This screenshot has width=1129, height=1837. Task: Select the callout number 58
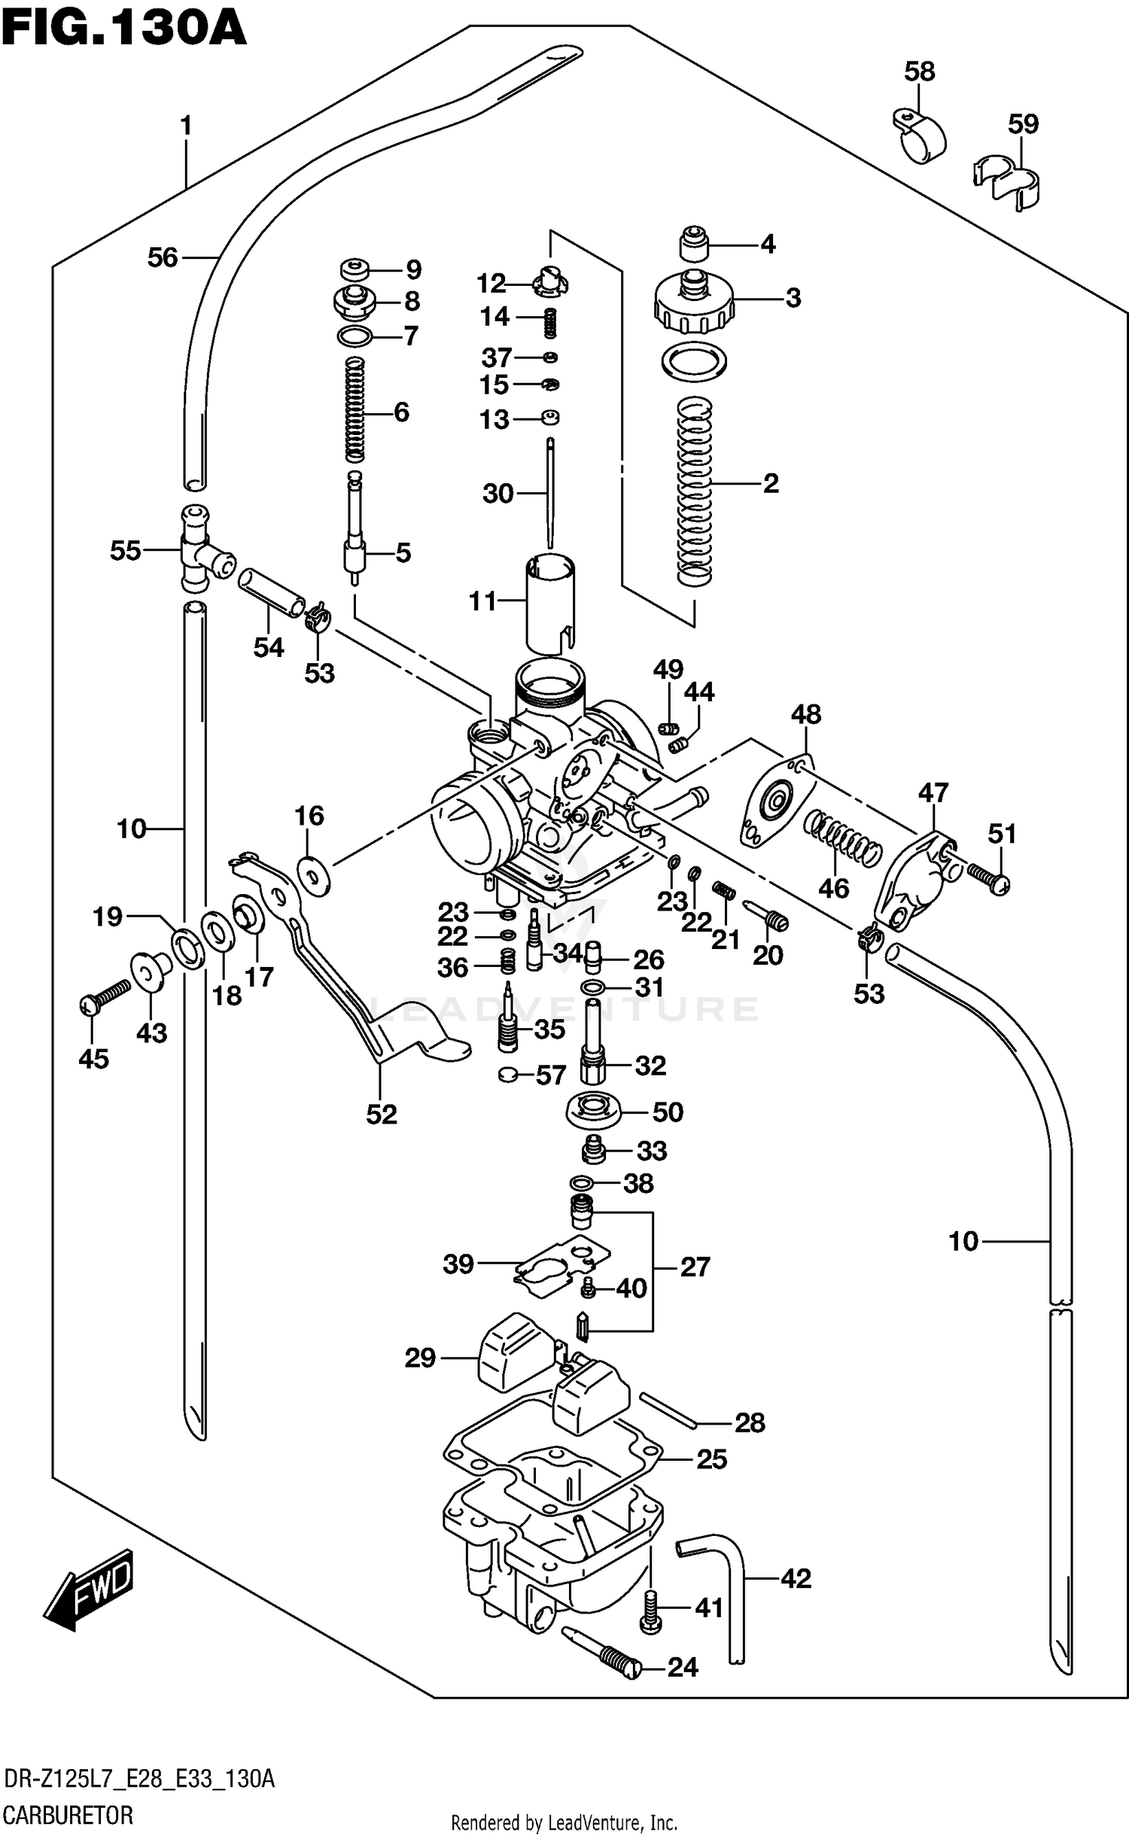919,72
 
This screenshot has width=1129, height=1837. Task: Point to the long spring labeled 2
694,493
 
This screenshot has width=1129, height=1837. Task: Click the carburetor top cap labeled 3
694,304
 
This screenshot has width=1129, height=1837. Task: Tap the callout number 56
163,258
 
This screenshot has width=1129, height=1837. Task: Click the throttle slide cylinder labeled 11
549,602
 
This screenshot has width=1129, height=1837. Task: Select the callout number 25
711,1459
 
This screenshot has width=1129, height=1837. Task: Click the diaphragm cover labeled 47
914,877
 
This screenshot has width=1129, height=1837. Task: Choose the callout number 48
806,714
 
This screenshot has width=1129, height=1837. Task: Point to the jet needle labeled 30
550,493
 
